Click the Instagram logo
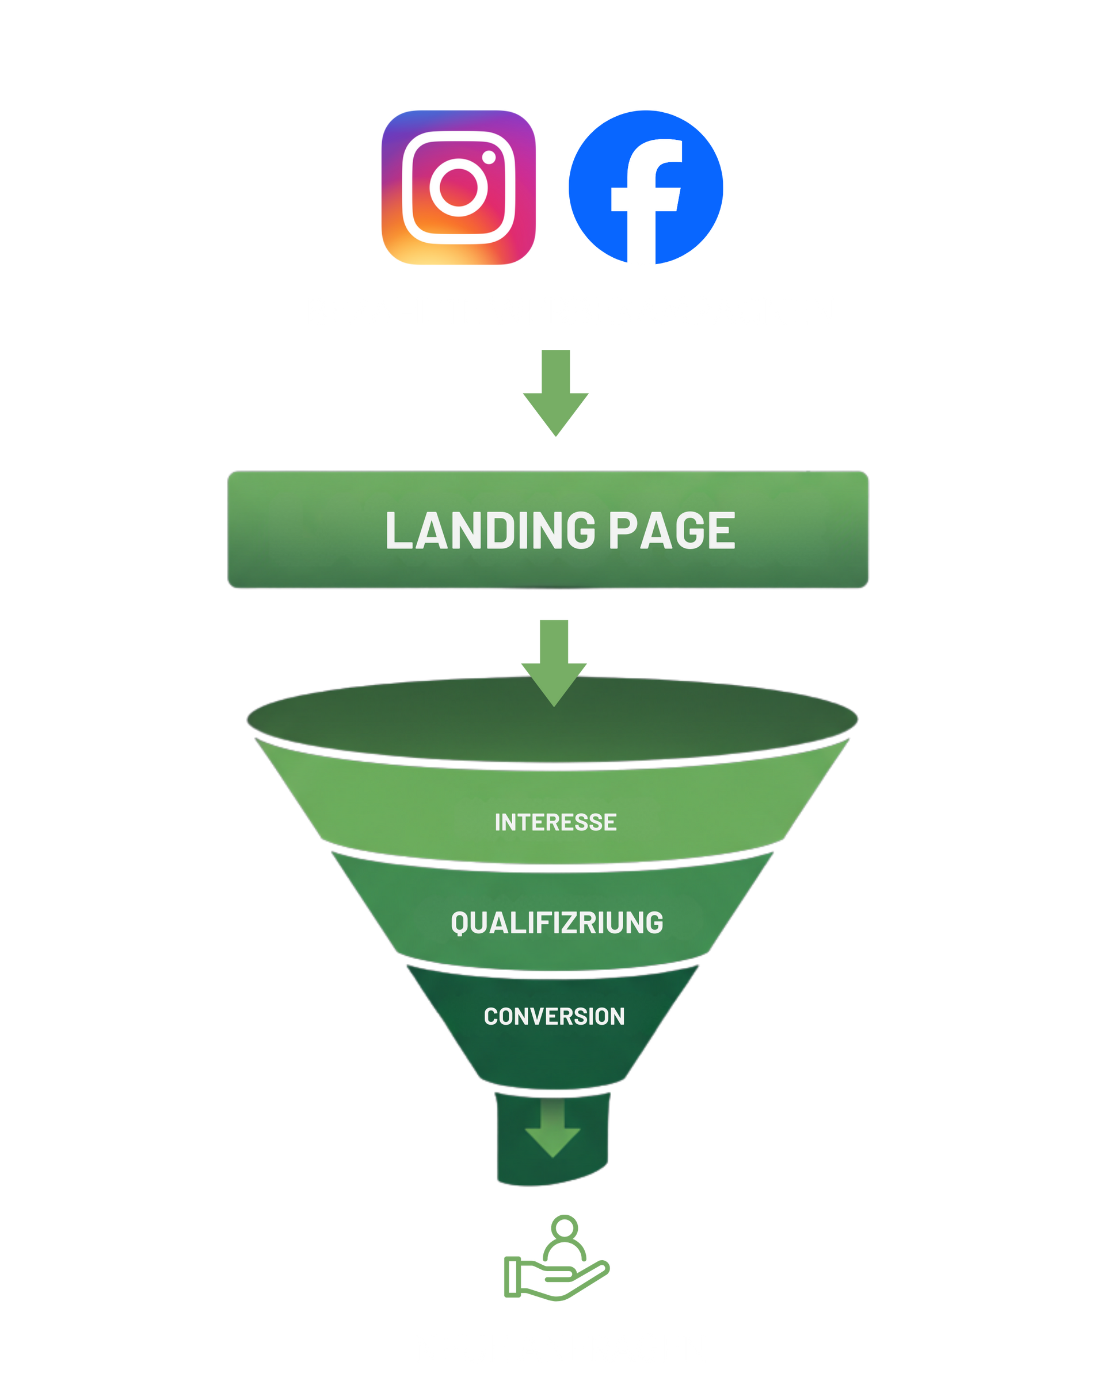pos(458,187)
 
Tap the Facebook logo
pos(646,187)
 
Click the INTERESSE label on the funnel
pos(555,822)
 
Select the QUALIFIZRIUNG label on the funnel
pos(557,923)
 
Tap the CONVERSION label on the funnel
pos(554,1017)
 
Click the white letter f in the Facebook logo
pos(646,202)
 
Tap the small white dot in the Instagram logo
pos(489,157)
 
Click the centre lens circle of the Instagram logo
pos(458,187)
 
